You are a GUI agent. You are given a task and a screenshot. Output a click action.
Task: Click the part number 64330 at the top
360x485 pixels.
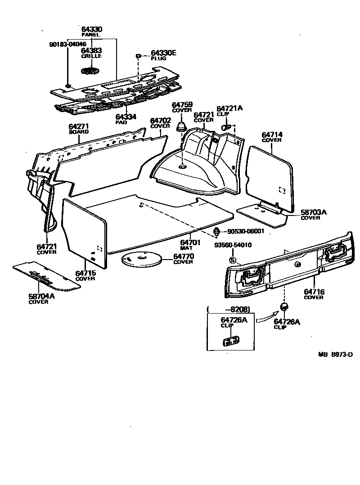coord(91,29)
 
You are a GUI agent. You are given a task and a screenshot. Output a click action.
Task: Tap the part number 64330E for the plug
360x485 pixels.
coord(163,53)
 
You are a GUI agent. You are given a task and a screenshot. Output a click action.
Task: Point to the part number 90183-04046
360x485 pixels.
coord(67,45)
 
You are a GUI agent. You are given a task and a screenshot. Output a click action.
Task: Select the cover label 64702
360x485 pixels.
coord(160,121)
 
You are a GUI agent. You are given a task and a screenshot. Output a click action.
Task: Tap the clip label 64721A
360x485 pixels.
coord(229,108)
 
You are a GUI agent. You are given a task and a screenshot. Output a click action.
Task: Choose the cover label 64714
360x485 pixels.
coord(272,135)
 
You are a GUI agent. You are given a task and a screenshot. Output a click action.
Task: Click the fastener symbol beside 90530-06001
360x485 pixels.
coord(216,232)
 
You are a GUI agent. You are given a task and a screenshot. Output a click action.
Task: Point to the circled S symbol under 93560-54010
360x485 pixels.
coord(233,260)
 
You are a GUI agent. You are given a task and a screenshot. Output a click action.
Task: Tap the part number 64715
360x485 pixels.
coord(85,273)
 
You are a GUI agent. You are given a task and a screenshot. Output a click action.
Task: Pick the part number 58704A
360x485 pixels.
coord(38,296)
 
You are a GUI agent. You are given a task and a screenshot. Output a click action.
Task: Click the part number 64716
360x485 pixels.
coord(314,292)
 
